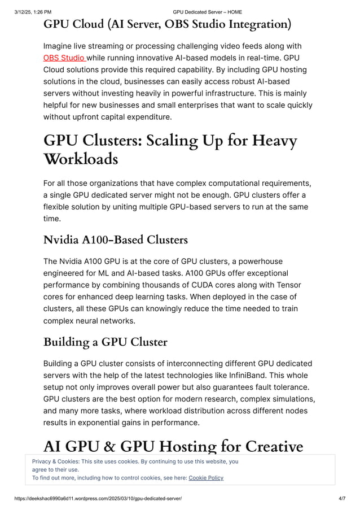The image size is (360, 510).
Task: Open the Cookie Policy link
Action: [206, 478]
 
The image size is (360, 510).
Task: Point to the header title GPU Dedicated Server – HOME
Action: [207, 11]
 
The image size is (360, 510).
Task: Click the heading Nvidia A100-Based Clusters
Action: [116, 240]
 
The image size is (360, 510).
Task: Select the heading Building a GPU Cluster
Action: [106, 342]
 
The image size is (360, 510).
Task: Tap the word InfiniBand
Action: [256, 375]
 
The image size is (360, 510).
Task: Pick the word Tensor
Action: [289, 285]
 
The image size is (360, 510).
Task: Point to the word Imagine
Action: [60, 46]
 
